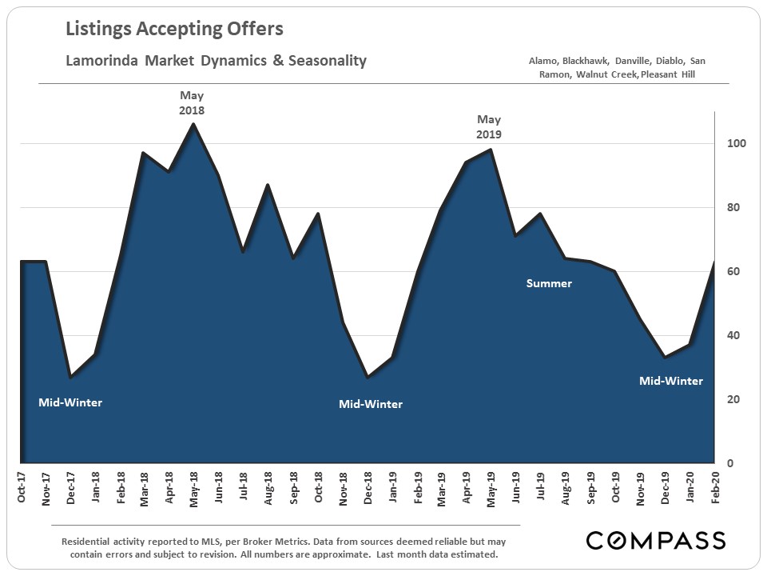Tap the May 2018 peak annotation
[x=192, y=103]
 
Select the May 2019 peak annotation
[x=489, y=126]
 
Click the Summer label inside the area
[x=549, y=283]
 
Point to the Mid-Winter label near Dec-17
[x=70, y=402]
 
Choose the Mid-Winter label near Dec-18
[x=371, y=404]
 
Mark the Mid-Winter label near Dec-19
[x=671, y=381]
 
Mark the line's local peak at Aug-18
[x=268, y=185]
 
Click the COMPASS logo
[x=655, y=540]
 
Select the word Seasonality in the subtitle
[x=327, y=61]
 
